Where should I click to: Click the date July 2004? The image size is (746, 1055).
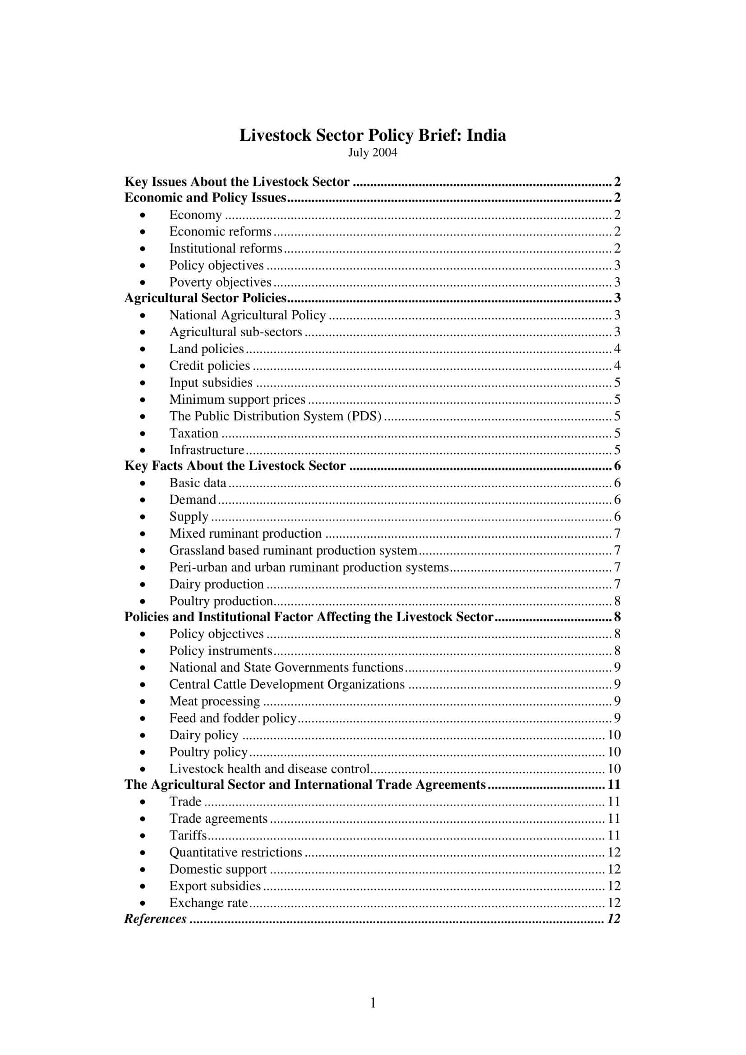pyautogui.click(x=372, y=152)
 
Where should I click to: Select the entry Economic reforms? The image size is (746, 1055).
pyautogui.click(x=220, y=231)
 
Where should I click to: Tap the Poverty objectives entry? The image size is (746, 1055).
pyautogui.click(x=220, y=282)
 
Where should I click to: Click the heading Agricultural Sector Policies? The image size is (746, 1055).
pyautogui.click(x=205, y=298)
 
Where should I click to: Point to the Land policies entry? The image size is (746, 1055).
pyautogui.click(x=206, y=349)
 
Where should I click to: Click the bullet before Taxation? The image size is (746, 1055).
pyautogui.click(x=143, y=434)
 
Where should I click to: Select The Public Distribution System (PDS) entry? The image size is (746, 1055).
pyautogui.click(x=275, y=416)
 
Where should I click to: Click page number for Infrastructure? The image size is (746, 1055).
pyautogui.click(x=617, y=450)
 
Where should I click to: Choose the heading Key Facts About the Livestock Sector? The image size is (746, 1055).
pyautogui.click(x=235, y=466)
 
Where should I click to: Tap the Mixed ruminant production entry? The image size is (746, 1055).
pyautogui.click(x=245, y=534)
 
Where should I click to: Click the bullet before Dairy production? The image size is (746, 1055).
pyautogui.click(x=143, y=585)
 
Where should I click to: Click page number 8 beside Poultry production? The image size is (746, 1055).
pyautogui.click(x=617, y=601)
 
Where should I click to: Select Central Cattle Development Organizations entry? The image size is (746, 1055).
pyautogui.click(x=287, y=685)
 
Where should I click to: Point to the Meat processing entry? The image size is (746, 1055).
pyautogui.click(x=215, y=702)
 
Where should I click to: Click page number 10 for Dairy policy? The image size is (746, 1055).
pyautogui.click(x=614, y=735)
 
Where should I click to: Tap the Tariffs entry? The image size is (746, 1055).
pyautogui.click(x=188, y=835)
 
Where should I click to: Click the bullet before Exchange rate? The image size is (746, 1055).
pyautogui.click(x=143, y=903)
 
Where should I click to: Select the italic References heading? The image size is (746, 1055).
pyautogui.click(x=155, y=919)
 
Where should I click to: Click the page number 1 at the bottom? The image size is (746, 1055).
pyautogui.click(x=373, y=1003)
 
